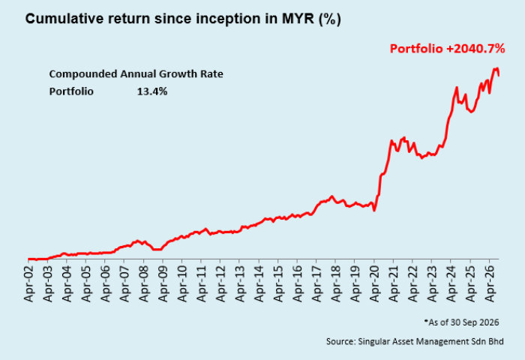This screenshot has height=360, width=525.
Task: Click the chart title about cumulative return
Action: pos(183,19)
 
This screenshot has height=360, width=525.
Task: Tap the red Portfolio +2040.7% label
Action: pos(447,49)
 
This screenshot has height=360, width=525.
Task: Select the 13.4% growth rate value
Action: pos(152,91)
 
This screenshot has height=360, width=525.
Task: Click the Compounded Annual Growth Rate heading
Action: pos(136,74)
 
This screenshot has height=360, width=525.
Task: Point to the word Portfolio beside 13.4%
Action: pos(71,91)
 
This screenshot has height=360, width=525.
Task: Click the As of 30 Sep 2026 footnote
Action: pos(461,322)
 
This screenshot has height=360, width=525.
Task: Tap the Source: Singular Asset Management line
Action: pos(415,341)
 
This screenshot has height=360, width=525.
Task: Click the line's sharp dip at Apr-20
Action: pos(374,211)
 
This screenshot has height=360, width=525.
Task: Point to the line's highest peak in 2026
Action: pos(496,68)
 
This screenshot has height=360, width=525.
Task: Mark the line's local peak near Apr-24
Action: pos(456,88)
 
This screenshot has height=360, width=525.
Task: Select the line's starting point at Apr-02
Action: pos(28,259)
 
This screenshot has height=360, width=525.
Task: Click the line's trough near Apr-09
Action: pos(157,250)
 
